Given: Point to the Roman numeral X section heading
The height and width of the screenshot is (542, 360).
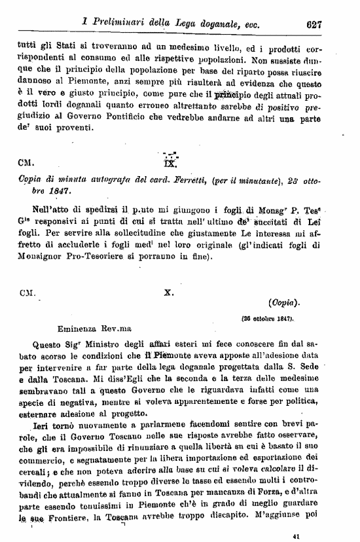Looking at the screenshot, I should point(168,293).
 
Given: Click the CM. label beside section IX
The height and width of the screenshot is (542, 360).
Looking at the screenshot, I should point(29,160).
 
